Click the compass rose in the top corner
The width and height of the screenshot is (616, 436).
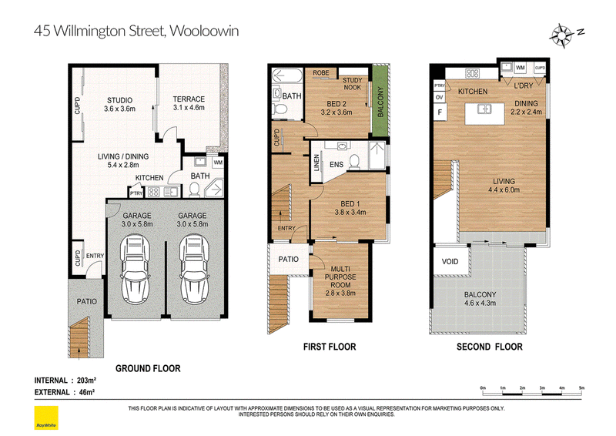point(562,35)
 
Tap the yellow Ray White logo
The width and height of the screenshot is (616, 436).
point(46,418)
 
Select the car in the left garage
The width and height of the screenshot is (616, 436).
point(136,270)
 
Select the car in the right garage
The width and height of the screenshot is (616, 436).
point(195,270)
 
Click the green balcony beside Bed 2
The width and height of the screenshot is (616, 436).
point(380,102)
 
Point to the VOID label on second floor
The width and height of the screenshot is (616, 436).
point(450,261)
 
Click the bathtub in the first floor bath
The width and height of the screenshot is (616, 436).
point(286,75)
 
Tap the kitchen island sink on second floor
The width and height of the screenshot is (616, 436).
point(484,108)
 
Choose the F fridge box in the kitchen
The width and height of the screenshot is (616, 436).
point(440,112)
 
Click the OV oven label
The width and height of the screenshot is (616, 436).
point(440,97)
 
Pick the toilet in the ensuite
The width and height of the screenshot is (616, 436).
point(354,162)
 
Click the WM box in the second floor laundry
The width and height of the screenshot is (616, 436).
point(521,68)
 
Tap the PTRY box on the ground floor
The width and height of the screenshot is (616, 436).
point(136,193)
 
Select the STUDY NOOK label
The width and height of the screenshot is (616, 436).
point(353,84)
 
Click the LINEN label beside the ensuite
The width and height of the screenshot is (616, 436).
point(316,163)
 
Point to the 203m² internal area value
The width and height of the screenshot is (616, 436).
point(87,381)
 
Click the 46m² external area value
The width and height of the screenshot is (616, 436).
point(86,392)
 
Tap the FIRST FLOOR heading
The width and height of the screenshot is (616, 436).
point(330,347)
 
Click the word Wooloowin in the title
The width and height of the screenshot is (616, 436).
point(204,31)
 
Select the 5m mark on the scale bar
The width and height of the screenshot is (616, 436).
point(581,388)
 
